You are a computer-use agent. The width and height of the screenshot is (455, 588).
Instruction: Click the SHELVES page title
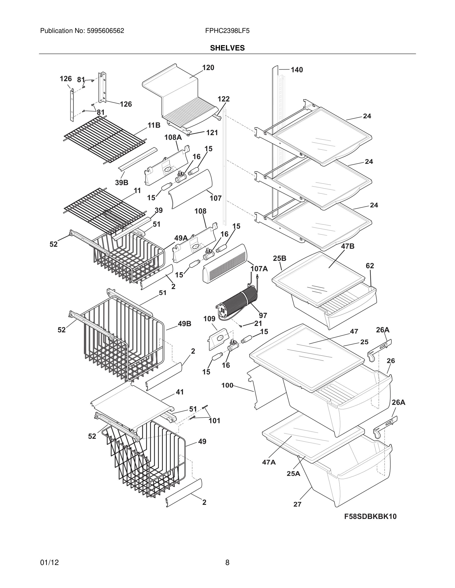click(227, 48)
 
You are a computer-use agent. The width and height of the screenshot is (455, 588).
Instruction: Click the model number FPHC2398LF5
click(227, 31)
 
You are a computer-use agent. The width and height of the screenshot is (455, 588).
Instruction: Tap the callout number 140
click(297, 70)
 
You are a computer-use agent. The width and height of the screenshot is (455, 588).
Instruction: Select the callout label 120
click(208, 68)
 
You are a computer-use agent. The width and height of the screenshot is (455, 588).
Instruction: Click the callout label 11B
click(154, 125)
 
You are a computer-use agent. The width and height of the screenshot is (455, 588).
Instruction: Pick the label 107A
click(259, 269)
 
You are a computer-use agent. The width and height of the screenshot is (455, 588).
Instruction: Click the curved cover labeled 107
click(190, 189)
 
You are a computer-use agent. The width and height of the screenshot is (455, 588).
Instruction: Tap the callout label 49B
click(184, 324)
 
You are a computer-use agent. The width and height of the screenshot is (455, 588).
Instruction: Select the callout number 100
click(227, 386)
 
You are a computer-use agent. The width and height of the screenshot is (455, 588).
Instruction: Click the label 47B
click(348, 246)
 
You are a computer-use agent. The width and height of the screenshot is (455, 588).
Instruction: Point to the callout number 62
click(370, 266)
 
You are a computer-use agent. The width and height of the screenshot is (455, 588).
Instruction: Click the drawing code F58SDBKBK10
click(370, 517)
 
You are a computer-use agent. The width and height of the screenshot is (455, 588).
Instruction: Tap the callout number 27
click(297, 505)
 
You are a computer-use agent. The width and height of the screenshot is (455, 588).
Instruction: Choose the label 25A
click(293, 474)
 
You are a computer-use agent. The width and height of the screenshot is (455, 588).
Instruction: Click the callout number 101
click(215, 420)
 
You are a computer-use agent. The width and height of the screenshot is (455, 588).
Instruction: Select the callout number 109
click(209, 319)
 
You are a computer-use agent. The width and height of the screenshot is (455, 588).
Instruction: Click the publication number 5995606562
click(105, 31)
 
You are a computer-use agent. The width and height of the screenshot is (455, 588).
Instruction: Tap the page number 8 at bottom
click(227, 563)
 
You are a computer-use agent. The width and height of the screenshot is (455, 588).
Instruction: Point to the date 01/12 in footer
click(49, 563)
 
